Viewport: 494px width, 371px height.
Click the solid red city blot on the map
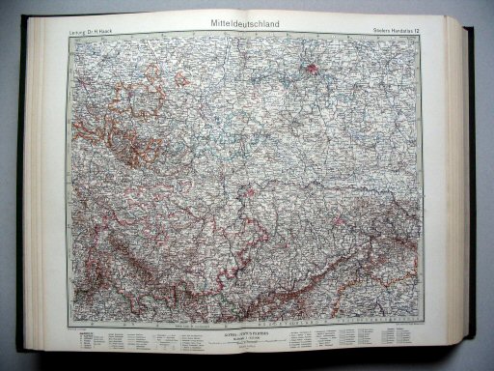coord(314,69)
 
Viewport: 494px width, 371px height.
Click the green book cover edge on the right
coord(469,184)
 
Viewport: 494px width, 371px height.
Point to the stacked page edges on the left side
coord(34,193)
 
